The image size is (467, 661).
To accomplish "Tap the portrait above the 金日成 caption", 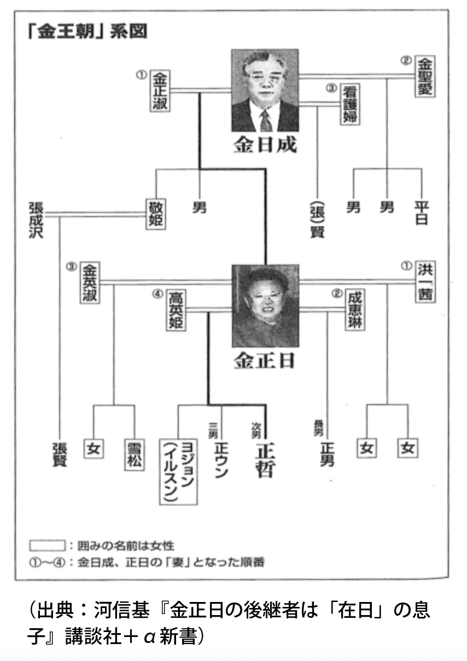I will click(x=265, y=91).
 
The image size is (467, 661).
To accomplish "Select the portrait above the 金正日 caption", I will click(x=265, y=306).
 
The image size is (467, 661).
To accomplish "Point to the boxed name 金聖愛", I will click(x=424, y=76).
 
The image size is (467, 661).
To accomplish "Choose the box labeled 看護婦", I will click(x=351, y=105).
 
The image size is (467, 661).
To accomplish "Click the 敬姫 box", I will click(x=155, y=215).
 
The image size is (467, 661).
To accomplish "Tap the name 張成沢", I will click(x=36, y=219).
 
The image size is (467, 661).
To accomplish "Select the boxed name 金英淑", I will click(x=89, y=283).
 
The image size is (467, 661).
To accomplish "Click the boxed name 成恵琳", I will click(x=354, y=309).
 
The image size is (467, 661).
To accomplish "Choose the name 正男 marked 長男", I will click(x=327, y=453).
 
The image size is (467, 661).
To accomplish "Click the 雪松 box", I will click(x=134, y=454).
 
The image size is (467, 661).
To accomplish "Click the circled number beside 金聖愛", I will click(x=405, y=60).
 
